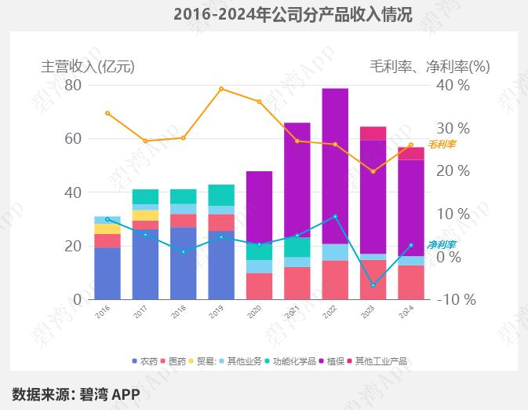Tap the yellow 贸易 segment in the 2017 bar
click(145, 215)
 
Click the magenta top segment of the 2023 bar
click(373, 134)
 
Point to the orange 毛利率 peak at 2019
click(221, 89)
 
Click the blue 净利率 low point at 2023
click(373, 285)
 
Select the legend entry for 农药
click(144, 361)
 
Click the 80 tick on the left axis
click(72, 85)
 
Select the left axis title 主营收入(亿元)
click(88, 67)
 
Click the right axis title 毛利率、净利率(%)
click(429, 67)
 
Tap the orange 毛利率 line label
click(442, 145)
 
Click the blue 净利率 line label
click(441, 245)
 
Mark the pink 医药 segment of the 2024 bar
click(410, 282)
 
